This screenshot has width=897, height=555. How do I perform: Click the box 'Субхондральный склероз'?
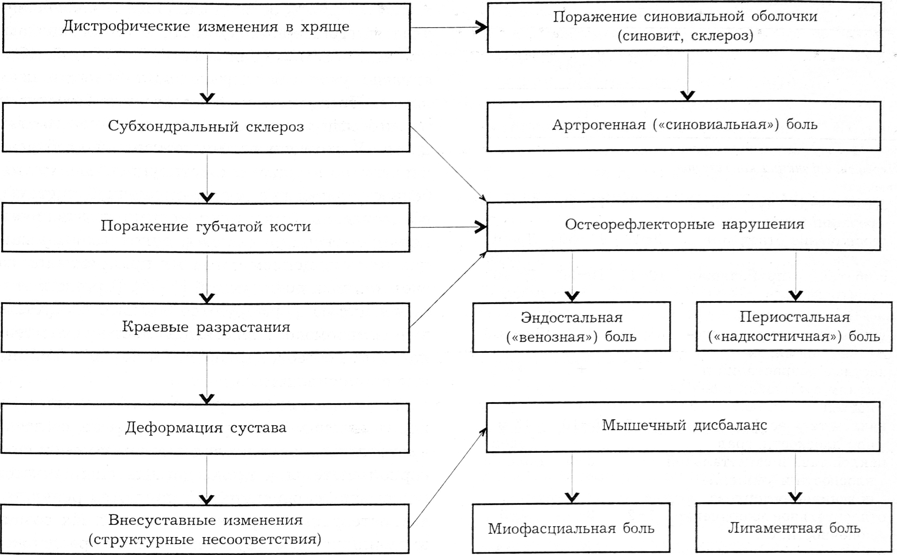point(206,127)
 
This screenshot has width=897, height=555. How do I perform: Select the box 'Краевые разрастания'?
point(206,327)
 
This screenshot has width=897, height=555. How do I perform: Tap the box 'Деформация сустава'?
point(206,428)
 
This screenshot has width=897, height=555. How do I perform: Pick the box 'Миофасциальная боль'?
point(571,529)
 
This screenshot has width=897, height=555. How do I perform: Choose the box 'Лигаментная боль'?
point(794,528)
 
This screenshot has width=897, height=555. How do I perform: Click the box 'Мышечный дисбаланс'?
point(684,426)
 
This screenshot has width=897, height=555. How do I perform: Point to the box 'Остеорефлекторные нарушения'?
point(684,225)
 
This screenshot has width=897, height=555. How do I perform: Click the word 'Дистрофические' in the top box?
point(126,26)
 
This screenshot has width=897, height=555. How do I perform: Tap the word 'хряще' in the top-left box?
point(325,26)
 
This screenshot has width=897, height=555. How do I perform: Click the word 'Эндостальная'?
point(572,318)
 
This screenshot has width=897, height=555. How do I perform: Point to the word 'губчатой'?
point(229,227)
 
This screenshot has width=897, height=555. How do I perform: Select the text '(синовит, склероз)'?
point(685,36)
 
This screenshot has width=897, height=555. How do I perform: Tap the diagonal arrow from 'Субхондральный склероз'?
point(448,164)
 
